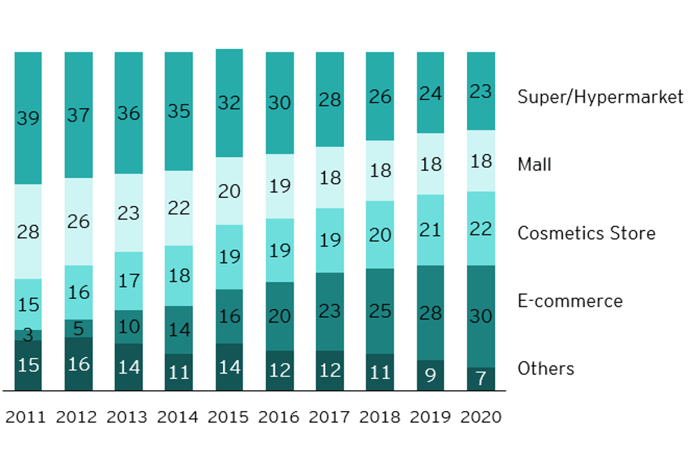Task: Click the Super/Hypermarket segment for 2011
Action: pos(28,118)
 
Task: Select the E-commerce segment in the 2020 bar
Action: pos(481,316)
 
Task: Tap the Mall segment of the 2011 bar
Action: pos(28,232)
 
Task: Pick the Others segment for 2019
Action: pos(431,375)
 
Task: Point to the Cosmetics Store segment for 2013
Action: pos(128,281)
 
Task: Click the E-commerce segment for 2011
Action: pos(28,335)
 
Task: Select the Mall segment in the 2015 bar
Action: pos(229,191)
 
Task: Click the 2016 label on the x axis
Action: pos(279,417)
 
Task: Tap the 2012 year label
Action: pos(77,417)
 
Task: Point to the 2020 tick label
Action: pos(481,417)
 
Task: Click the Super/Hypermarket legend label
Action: pos(600,97)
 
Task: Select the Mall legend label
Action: pos(534,165)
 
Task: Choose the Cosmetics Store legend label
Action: pos(586,234)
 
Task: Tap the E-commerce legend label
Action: pos(570,301)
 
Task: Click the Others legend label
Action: pos(546,369)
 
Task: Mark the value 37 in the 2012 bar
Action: pos(78,116)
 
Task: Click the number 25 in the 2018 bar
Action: pos(380,311)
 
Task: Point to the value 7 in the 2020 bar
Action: pos(481,379)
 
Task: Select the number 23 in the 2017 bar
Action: pos(330,312)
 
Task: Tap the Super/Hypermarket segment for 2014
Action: pos(179,111)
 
